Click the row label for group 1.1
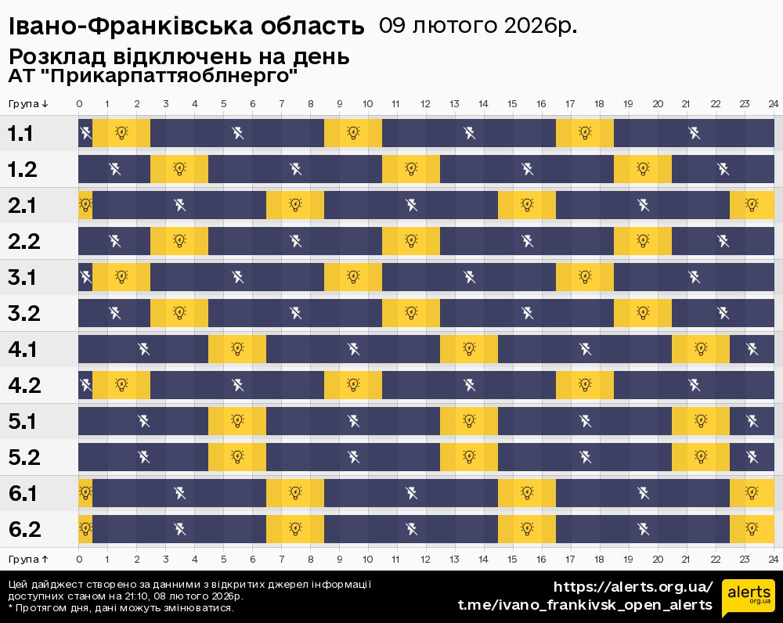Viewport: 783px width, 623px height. pyautogui.click(x=20, y=133)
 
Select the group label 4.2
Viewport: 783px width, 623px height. pyautogui.click(x=23, y=385)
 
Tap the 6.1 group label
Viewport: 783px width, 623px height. pyautogui.click(x=23, y=493)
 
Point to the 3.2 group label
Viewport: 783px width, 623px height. pyautogui.click(x=23, y=313)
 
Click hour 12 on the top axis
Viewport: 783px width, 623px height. pyautogui.click(x=425, y=103)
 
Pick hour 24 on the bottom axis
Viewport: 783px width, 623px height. pyautogui.click(x=773, y=558)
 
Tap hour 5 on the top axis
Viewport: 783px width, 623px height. pyautogui.click(x=223, y=103)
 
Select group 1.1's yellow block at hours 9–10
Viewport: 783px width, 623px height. pyautogui.click(x=353, y=133)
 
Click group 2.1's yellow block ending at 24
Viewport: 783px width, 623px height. pyautogui.click(x=752, y=205)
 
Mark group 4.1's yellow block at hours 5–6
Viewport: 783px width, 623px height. pyautogui.click(x=237, y=349)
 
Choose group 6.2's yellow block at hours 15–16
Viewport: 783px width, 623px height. pyautogui.click(x=527, y=529)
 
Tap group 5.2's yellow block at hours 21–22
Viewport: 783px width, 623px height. pyautogui.click(x=701, y=457)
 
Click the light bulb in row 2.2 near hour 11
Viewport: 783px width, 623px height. pyautogui.click(x=411, y=241)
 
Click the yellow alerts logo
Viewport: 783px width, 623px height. pyautogui.click(x=748, y=597)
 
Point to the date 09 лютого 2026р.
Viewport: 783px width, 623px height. pyautogui.click(x=478, y=26)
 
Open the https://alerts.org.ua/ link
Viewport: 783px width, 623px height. pyautogui.click(x=633, y=587)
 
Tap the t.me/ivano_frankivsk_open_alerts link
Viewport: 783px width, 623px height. pyautogui.click(x=585, y=604)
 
